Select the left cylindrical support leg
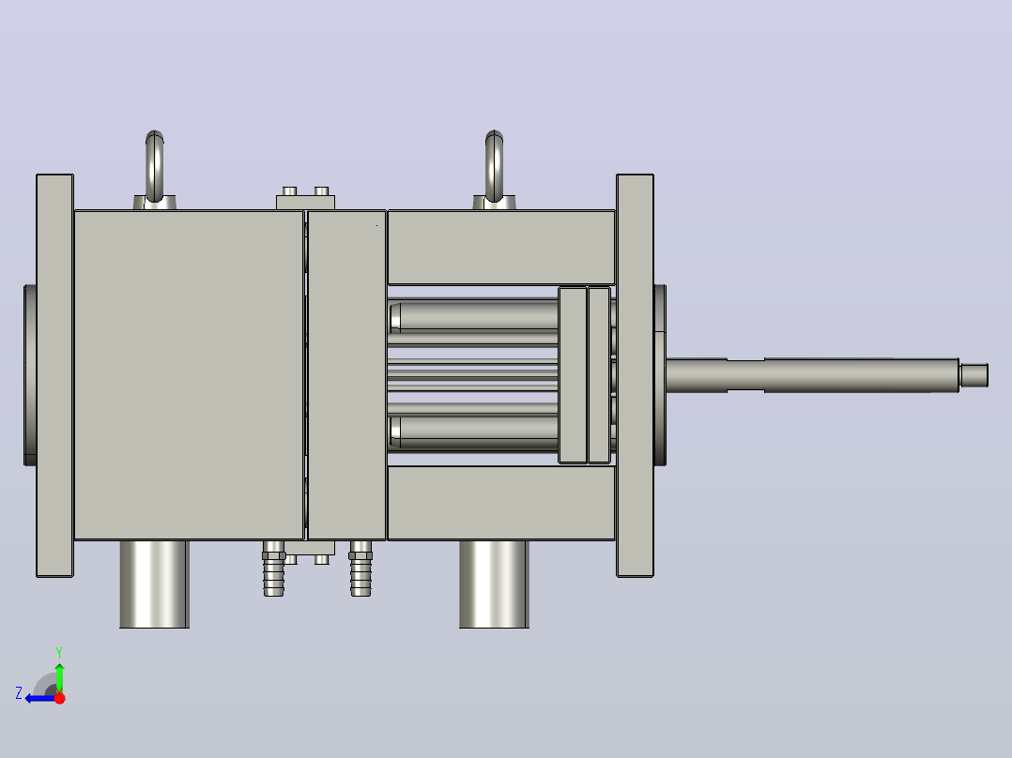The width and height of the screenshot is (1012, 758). tap(154, 584)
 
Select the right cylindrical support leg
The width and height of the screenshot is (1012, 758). tap(494, 584)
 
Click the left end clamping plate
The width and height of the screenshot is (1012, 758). tap(54, 375)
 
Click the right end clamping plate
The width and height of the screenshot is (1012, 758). tap(635, 375)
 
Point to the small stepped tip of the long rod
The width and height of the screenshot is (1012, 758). tap(974, 375)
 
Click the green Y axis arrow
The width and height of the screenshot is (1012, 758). tap(59, 675)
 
